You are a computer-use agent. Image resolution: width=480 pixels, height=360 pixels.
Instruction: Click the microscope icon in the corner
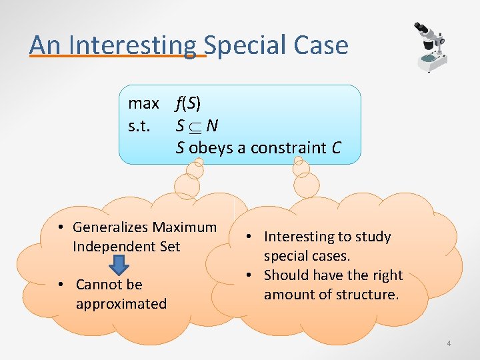pyautogui.click(x=427, y=47)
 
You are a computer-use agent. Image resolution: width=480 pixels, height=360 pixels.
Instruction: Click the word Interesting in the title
pyautogui.click(x=133, y=45)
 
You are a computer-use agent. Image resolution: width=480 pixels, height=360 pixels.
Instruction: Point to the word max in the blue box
pyautogui.click(x=143, y=103)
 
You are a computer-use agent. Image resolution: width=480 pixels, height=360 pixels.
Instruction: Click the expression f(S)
pyautogui.click(x=188, y=103)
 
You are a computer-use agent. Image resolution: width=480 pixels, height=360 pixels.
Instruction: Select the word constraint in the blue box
pyautogui.click(x=289, y=147)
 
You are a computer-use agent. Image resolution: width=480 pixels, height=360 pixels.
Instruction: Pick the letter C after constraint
pyautogui.click(x=336, y=147)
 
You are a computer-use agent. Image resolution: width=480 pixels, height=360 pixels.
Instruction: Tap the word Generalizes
pyautogui.click(x=111, y=227)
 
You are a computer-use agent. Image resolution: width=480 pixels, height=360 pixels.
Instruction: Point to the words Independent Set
pyautogui.click(x=126, y=247)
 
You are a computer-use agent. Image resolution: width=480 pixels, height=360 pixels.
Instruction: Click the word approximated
pyautogui.click(x=121, y=304)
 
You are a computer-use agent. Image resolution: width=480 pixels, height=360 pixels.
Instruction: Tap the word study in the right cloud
pyautogui.click(x=373, y=237)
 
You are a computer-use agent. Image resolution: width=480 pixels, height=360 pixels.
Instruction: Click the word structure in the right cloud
pyautogui.click(x=367, y=294)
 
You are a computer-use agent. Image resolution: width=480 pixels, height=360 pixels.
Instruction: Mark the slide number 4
pyautogui.click(x=449, y=343)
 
